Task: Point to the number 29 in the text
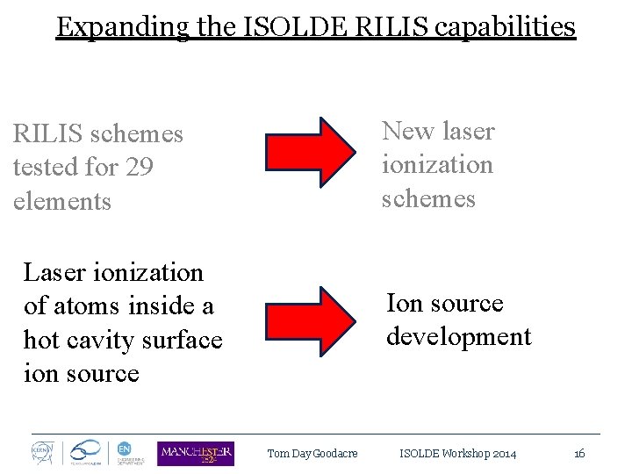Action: click(x=139, y=167)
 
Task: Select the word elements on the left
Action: click(x=62, y=201)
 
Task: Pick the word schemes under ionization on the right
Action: click(x=428, y=198)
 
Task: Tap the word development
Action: click(x=458, y=336)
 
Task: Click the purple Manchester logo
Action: click(x=196, y=453)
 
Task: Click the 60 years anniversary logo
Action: click(x=85, y=453)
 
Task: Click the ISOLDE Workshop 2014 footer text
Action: click(x=457, y=454)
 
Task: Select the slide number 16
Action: click(x=579, y=454)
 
